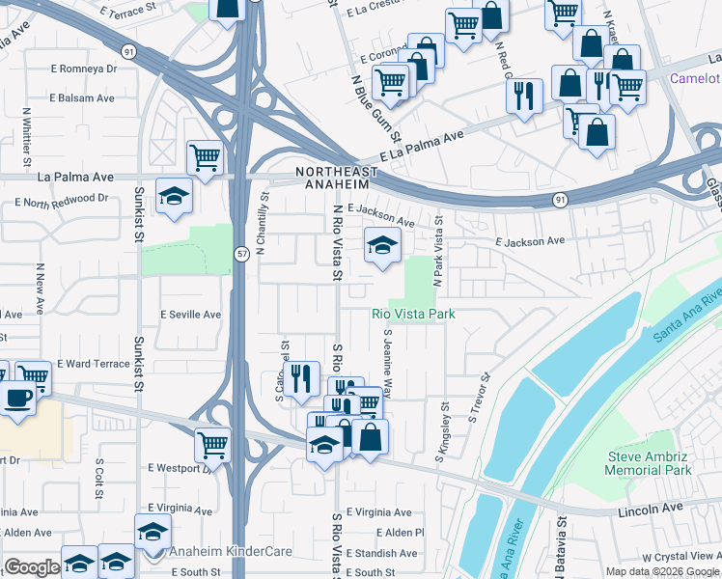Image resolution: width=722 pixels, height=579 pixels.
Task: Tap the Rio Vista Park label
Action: tap(413, 314)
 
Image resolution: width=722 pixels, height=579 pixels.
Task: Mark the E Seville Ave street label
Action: tap(191, 315)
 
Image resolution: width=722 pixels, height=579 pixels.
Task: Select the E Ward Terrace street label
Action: tap(93, 364)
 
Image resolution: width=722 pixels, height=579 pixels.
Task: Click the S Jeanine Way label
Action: tap(388, 364)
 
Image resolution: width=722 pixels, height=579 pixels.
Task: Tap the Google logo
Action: tap(31, 567)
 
